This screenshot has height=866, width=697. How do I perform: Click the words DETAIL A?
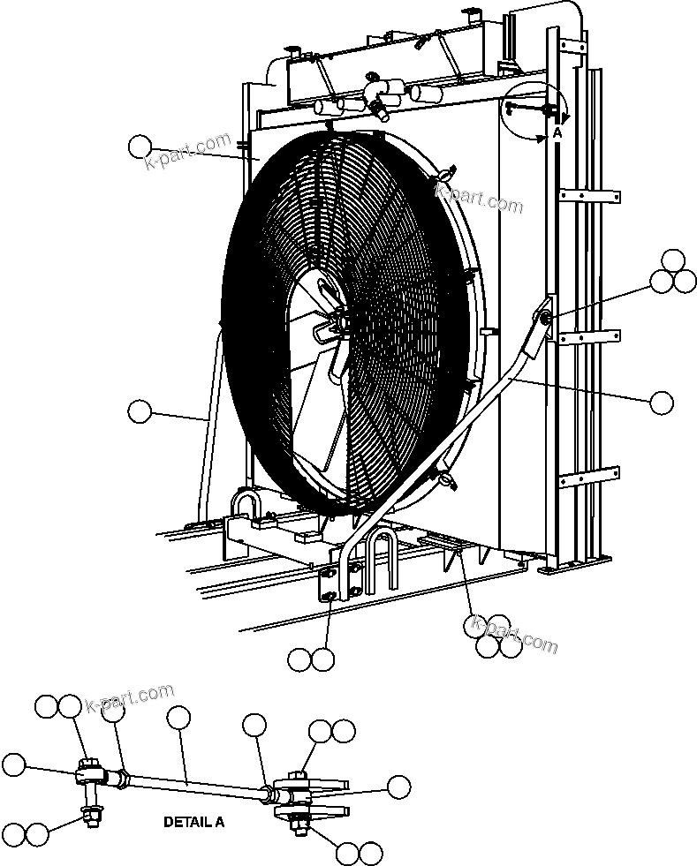coord(194,822)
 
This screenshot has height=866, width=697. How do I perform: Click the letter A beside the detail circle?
coord(557,132)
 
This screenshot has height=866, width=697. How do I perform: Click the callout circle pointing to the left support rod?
coord(140,410)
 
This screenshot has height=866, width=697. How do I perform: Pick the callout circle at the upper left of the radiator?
coord(140,147)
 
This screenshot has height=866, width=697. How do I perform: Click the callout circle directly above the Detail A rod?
coord(178,719)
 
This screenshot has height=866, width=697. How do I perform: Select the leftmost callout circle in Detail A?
coord(14,764)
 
